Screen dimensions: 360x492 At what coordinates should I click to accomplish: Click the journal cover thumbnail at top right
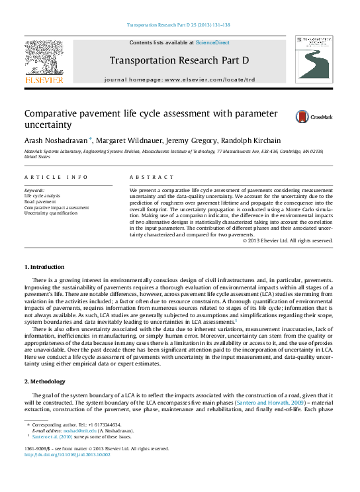tap(314, 60)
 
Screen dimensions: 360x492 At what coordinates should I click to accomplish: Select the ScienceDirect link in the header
tap(214, 42)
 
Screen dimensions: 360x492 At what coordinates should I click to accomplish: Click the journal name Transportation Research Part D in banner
tap(179, 60)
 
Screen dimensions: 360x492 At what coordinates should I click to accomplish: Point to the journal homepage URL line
tap(179, 79)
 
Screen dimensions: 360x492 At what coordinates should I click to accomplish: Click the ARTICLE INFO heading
tap(56, 177)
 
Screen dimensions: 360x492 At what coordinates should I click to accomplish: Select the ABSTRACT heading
tap(152, 177)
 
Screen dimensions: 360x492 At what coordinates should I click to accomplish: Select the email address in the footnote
tap(71, 430)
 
